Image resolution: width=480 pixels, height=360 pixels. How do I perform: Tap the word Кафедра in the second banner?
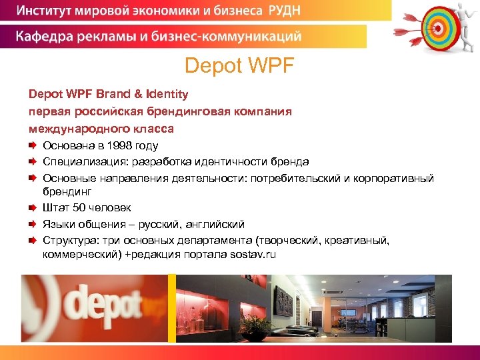click(x=42, y=36)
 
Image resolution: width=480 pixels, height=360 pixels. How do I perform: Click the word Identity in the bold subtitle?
click(x=166, y=95)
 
